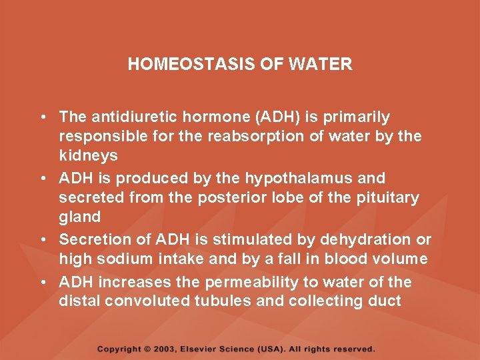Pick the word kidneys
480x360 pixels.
coord(89,156)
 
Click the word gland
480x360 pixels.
coord(79,217)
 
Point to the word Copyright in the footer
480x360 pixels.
coord(120,349)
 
